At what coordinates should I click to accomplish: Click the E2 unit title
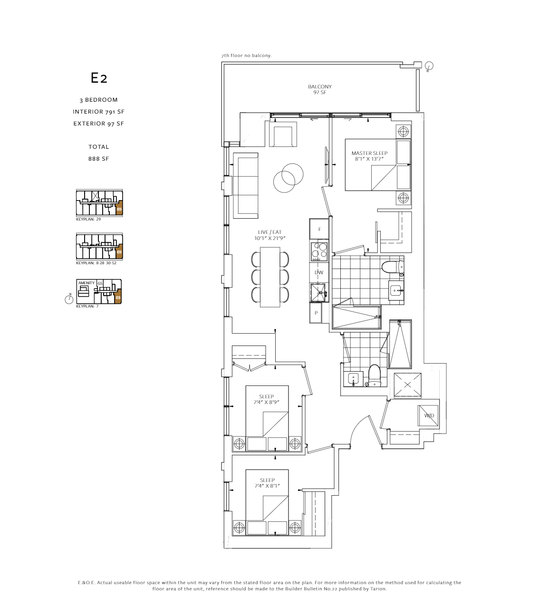[x=99, y=78]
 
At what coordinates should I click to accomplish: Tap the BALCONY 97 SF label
[x=319, y=89]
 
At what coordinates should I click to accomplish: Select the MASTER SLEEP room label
[x=369, y=156]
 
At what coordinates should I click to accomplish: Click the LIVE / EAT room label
[x=270, y=235]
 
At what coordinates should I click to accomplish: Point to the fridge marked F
[x=319, y=229]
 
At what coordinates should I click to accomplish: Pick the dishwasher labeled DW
[x=319, y=272]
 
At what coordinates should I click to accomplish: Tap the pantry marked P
[x=316, y=313]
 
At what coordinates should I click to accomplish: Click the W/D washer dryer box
[x=429, y=415]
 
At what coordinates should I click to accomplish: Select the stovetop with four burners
[x=319, y=251]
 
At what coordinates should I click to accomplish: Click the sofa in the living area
[x=245, y=185]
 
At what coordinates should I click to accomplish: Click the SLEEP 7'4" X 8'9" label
[x=267, y=399]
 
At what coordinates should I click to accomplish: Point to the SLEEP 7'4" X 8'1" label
[x=267, y=483]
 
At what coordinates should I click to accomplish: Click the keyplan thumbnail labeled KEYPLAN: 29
[x=99, y=203]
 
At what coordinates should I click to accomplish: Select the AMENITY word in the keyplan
[x=87, y=283]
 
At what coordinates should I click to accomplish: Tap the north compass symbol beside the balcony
[x=429, y=66]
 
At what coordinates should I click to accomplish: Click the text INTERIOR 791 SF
[x=99, y=112]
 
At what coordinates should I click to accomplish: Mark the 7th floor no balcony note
[x=246, y=56]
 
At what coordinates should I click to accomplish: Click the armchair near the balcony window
[x=283, y=135]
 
